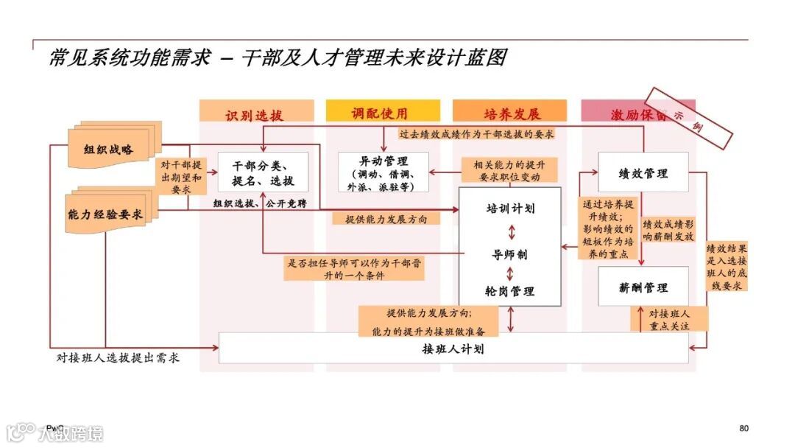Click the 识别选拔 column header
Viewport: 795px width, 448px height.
click(253, 114)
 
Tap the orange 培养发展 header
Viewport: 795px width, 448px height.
click(510, 113)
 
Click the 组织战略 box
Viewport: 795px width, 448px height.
click(108, 150)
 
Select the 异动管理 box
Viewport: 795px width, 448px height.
click(383, 172)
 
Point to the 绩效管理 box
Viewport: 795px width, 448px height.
click(643, 173)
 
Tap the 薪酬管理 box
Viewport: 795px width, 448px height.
click(643, 287)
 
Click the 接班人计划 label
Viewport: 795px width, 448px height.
click(453, 349)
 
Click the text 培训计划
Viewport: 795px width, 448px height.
click(509, 209)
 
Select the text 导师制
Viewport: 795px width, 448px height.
click(509, 254)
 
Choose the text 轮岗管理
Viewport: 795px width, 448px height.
click(509, 291)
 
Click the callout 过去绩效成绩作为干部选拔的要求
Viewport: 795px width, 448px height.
click(476, 135)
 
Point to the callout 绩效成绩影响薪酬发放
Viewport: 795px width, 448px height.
click(668, 231)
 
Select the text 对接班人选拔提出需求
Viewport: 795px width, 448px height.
click(118, 358)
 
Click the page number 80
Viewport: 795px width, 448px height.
click(743, 428)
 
